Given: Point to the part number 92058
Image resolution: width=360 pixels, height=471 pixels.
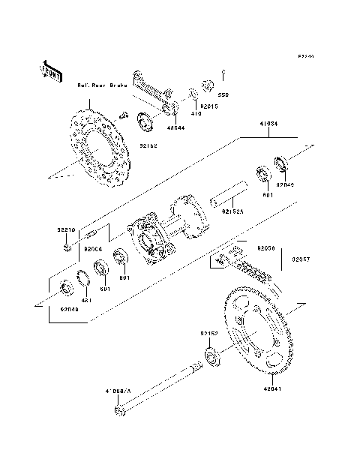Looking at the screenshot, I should pyautogui.click(x=267, y=245).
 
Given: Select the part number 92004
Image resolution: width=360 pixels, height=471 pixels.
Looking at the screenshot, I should pyautogui.click(x=92, y=248).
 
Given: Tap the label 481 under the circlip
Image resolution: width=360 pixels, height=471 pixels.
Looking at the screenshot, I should pyautogui.click(x=85, y=300).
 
